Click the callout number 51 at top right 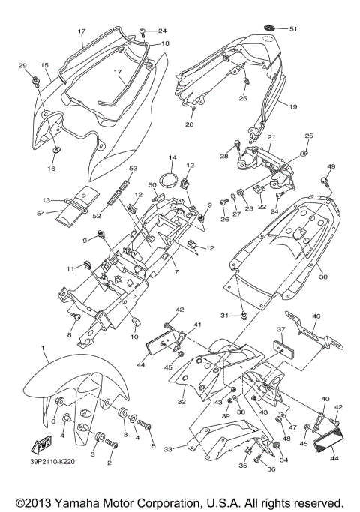tap(292, 29)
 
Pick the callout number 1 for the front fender tap(43, 349)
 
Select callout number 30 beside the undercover tap(323, 276)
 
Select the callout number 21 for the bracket tap(271, 137)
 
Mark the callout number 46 tap(337, 318)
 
